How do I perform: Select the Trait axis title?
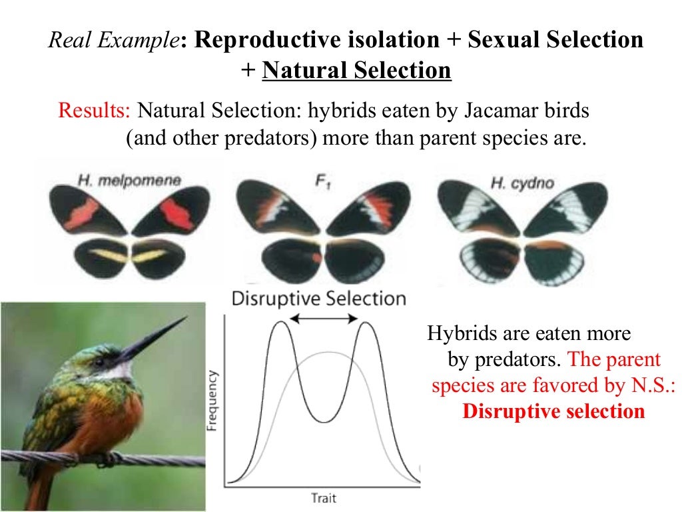324,497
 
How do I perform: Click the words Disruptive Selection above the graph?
318,298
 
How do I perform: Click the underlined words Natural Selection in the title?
356,70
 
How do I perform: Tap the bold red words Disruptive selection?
553,411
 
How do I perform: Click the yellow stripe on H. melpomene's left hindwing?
104,255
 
